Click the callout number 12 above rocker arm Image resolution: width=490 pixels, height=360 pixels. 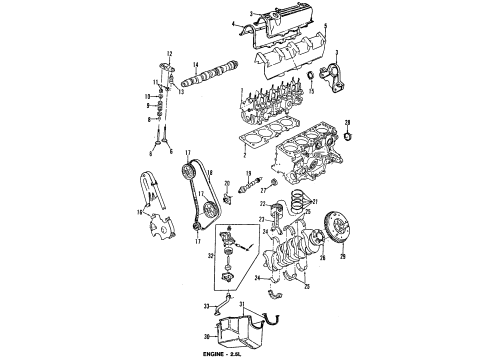170,52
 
